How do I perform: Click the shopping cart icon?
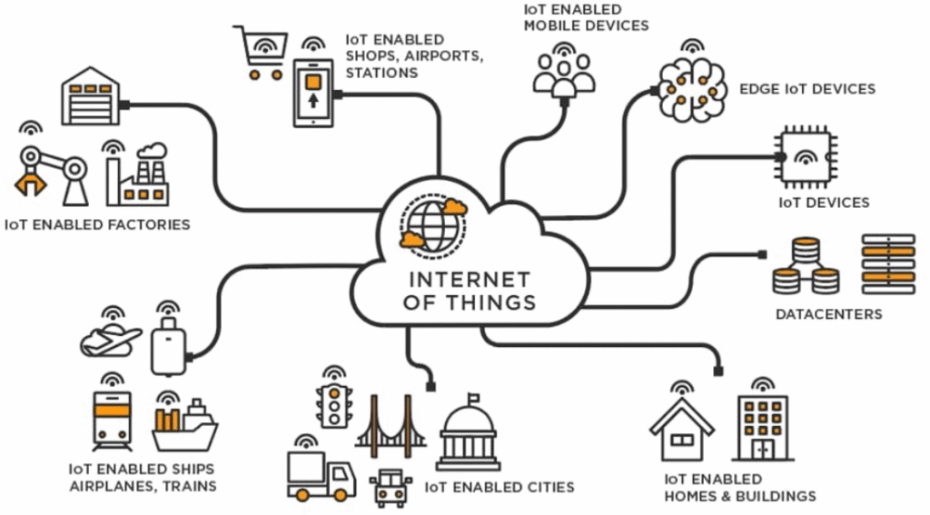coord(261,52)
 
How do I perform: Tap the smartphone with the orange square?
coord(313,93)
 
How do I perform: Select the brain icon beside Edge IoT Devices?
coord(693,89)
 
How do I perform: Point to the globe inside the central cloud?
coord(433,225)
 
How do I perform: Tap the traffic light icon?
coord(334,406)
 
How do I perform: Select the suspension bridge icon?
coord(391,427)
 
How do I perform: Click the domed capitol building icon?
coord(469,432)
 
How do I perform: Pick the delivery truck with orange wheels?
coord(321,476)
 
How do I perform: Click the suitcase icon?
coord(168,346)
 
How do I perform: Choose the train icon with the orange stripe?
coord(112,421)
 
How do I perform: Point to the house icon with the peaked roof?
coord(682,430)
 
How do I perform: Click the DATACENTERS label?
coord(828,314)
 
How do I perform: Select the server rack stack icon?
coord(888,264)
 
